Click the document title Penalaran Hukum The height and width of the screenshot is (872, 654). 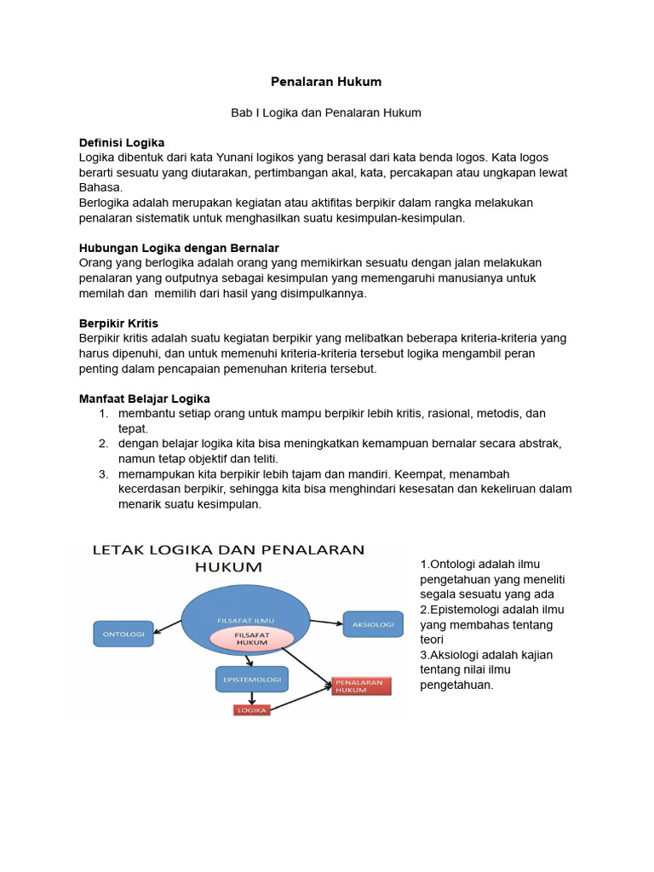(x=326, y=82)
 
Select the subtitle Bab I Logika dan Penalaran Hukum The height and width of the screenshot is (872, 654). (x=326, y=112)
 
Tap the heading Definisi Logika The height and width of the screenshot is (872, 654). (x=121, y=142)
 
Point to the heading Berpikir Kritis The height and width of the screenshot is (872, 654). (x=118, y=323)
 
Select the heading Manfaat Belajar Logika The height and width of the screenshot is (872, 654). (x=144, y=399)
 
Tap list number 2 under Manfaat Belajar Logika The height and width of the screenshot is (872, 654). (x=102, y=444)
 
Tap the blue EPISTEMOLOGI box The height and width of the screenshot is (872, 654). (x=251, y=678)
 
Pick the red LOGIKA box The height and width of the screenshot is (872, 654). (x=251, y=709)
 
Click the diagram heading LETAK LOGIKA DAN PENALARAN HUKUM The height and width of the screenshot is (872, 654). (x=227, y=558)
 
